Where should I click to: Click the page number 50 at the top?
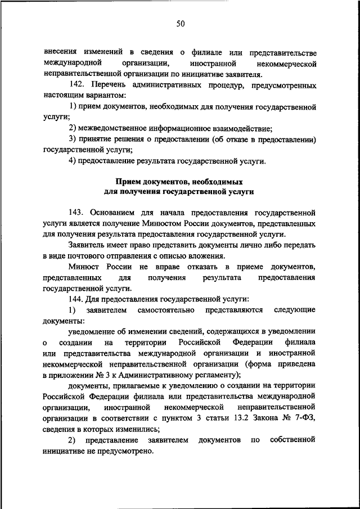[x=181, y=24]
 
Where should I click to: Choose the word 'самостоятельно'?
[x=168, y=310]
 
